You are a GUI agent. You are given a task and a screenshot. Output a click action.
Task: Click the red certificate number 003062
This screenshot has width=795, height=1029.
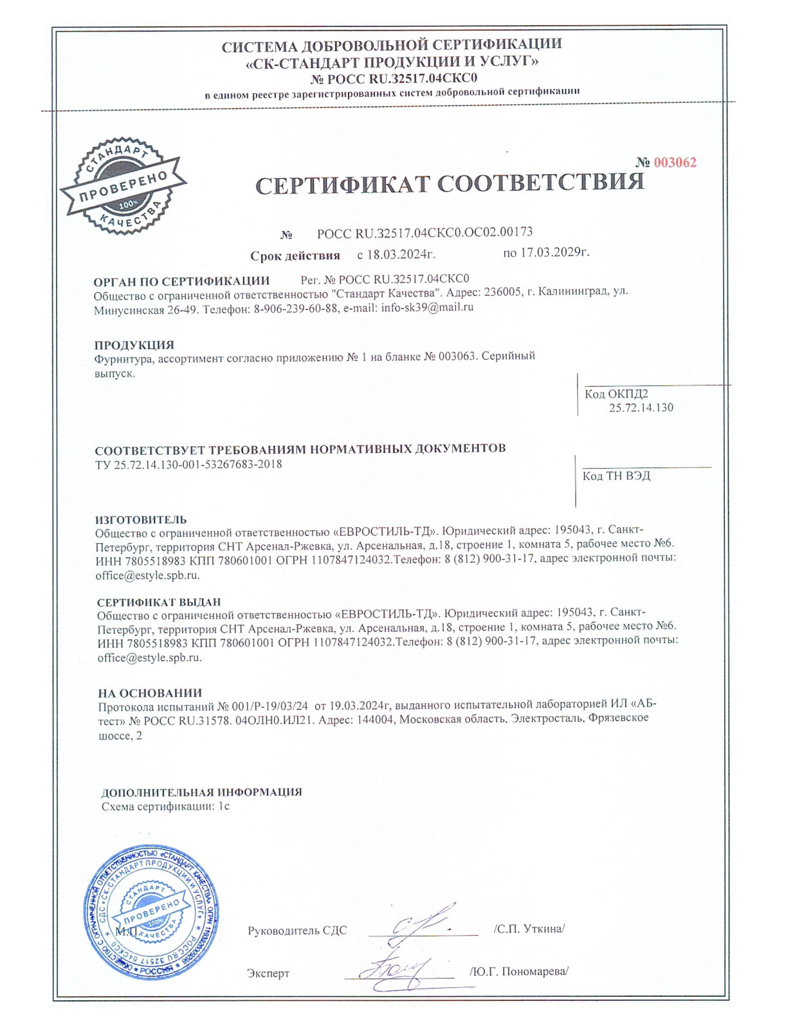pos(675,163)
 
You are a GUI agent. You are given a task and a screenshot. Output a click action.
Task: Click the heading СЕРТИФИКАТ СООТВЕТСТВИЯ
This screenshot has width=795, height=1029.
pos(450,184)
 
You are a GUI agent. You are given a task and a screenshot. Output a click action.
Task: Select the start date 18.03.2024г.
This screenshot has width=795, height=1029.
pos(396,254)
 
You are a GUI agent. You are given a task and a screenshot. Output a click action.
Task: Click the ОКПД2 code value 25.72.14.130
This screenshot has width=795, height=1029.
pos(641,408)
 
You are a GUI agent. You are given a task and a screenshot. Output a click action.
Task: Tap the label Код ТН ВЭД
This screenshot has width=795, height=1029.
pos(616,476)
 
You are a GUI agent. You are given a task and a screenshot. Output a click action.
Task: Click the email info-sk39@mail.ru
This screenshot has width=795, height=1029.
pos(427,307)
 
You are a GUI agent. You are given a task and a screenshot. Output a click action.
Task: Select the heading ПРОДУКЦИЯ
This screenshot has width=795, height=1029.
pos(134,345)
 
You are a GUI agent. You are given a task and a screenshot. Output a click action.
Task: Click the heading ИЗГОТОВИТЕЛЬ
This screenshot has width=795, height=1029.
pos(141,519)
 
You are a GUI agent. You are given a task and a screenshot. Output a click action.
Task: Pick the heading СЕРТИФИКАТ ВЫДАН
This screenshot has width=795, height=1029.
pos(159,602)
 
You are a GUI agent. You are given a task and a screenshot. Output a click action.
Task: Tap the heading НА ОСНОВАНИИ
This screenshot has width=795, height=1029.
pos(150,693)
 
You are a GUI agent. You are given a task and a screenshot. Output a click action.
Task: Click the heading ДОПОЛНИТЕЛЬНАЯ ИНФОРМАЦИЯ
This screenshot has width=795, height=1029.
pos(201,792)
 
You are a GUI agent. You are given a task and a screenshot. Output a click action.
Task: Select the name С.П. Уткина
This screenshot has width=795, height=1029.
pos(529,929)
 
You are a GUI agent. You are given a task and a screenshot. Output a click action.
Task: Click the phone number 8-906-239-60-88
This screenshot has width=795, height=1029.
pos(296,309)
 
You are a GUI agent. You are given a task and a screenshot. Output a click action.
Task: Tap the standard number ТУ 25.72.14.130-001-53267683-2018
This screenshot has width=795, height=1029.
pos(188,464)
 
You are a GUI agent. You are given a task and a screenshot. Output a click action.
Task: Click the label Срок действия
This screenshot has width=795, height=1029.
pos(295,256)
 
